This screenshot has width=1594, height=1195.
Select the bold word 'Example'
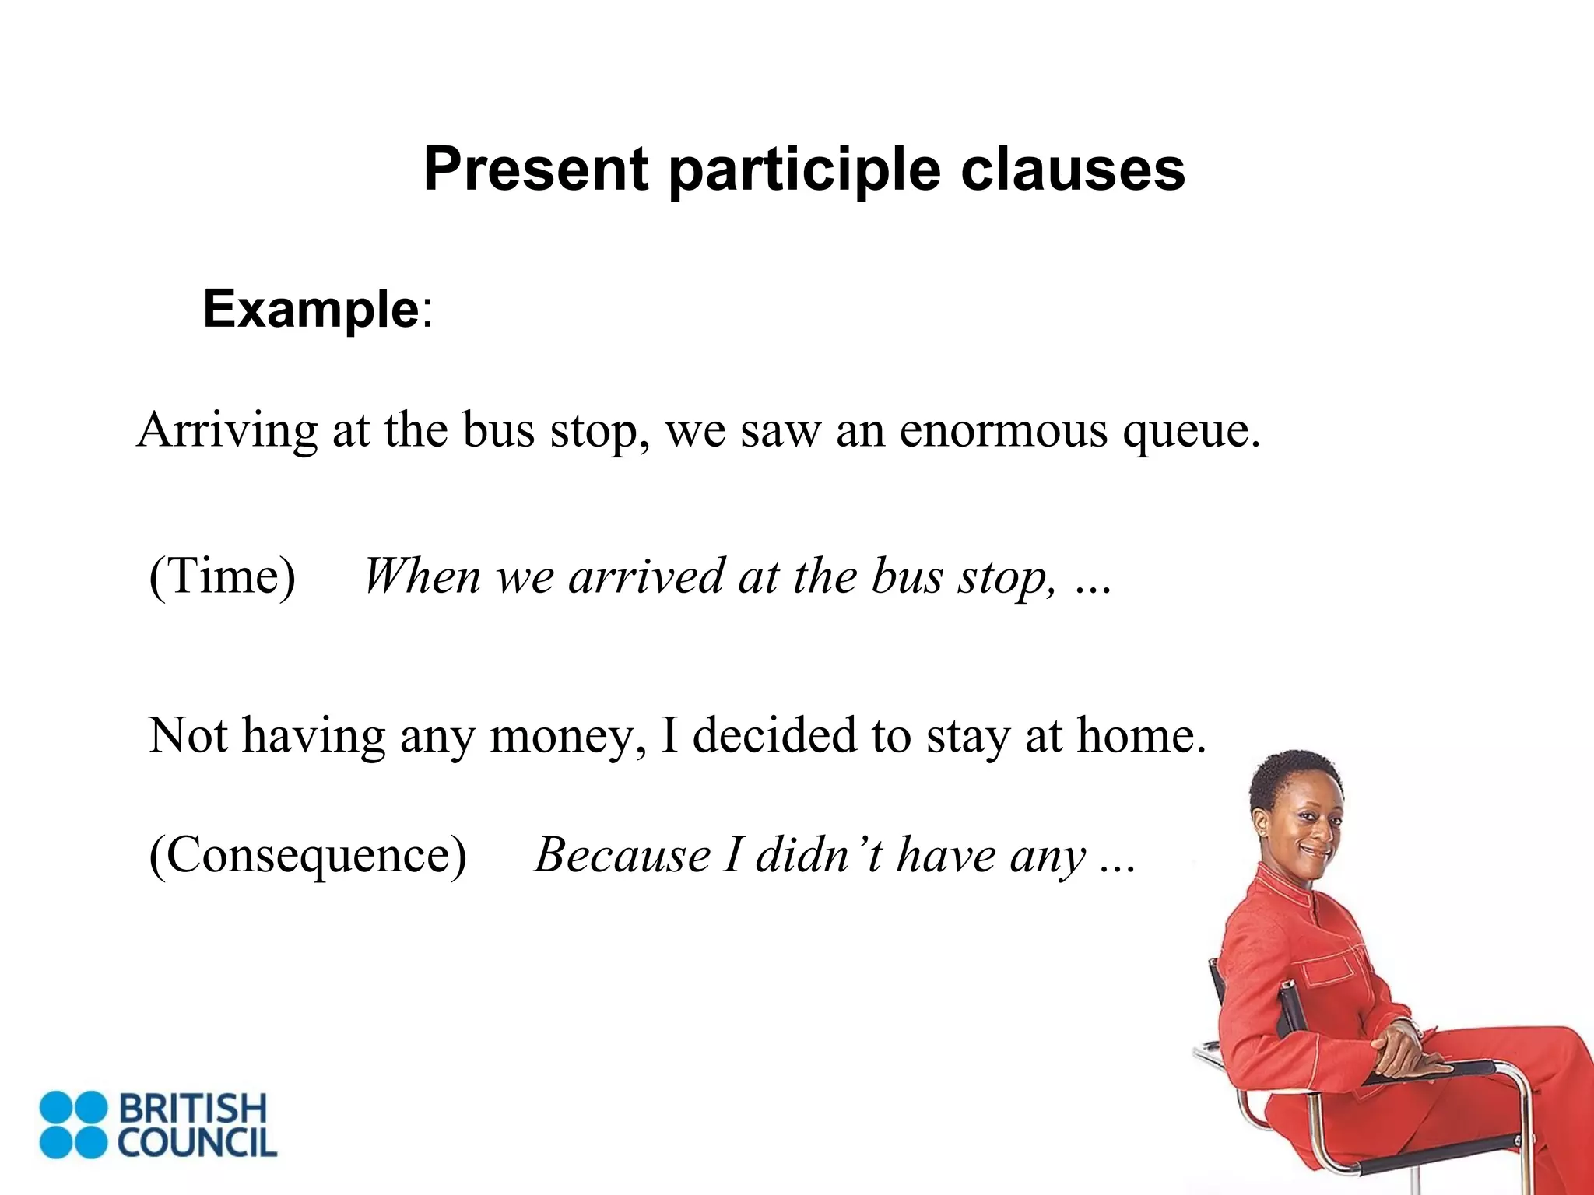(x=311, y=309)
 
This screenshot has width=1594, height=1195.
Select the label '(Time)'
(x=222, y=576)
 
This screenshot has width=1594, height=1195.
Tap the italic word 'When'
(x=421, y=576)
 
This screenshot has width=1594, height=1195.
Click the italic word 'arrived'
(x=646, y=576)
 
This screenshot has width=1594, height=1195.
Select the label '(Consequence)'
(x=307, y=856)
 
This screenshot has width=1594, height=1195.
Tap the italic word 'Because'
(x=621, y=856)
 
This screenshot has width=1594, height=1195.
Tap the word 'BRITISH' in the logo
(x=192, y=1109)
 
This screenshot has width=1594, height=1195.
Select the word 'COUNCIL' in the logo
(x=197, y=1143)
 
